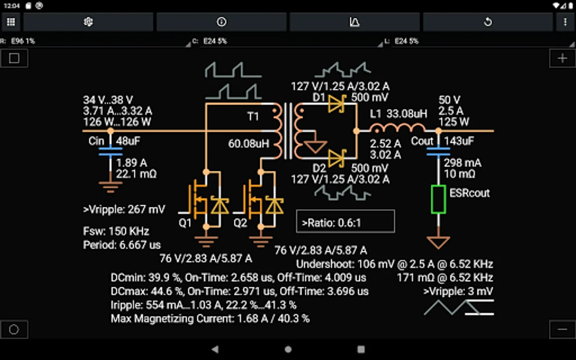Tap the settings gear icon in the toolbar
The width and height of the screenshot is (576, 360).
(x=88, y=22)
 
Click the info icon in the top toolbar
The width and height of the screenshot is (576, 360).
(x=222, y=22)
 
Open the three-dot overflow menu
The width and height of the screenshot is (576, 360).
(x=565, y=22)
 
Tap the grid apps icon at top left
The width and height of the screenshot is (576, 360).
(x=11, y=22)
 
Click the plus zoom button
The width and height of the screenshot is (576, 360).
(x=562, y=58)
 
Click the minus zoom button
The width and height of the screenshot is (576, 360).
(x=562, y=329)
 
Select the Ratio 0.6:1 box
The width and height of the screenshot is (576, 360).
(x=345, y=222)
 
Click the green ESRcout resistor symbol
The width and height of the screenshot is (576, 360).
(x=438, y=199)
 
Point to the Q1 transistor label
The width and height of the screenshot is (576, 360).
(x=185, y=223)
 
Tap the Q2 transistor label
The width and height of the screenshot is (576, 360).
(x=240, y=223)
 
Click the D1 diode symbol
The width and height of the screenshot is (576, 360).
(x=337, y=104)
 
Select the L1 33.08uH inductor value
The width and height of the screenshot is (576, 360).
(x=407, y=114)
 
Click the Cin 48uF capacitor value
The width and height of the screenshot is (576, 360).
(x=128, y=141)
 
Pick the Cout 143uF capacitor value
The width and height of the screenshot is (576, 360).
(x=459, y=141)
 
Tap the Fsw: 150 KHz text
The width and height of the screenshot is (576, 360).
(x=116, y=231)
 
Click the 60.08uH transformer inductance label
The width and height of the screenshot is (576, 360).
(x=249, y=144)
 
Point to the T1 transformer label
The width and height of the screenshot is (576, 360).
(x=253, y=117)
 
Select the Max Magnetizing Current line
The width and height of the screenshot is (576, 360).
(x=210, y=318)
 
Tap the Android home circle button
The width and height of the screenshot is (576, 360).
(x=288, y=350)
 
